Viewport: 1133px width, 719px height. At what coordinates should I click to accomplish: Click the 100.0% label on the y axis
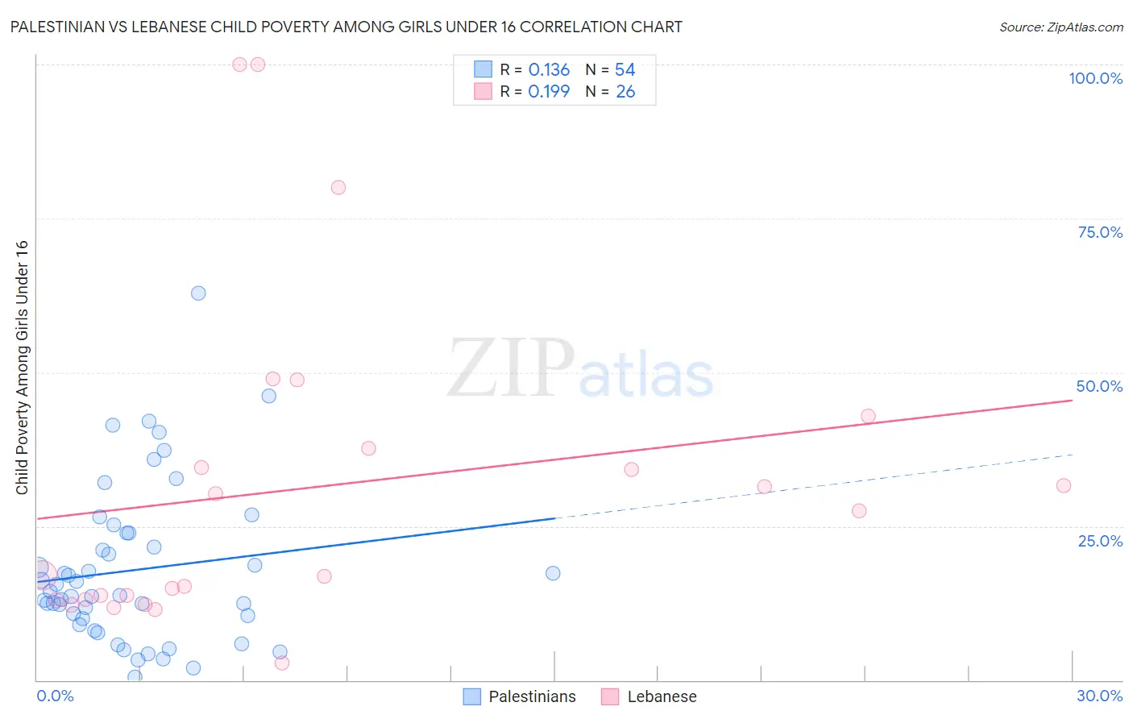[x=1095, y=78]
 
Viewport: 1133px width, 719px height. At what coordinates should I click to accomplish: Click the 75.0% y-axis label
[x=1100, y=232]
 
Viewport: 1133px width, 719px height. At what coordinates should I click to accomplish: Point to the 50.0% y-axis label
[x=1099, y=386]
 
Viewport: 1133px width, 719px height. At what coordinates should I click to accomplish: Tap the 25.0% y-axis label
[x=1100, y=541]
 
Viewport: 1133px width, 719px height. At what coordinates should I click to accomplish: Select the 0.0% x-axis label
[x=55, y=696]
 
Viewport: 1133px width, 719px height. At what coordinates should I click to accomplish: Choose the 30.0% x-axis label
[x=1099, y=696]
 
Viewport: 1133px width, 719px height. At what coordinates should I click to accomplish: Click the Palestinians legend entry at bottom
[x=532, y=696]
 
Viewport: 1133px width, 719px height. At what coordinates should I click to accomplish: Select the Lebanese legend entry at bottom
[x=662, y=696]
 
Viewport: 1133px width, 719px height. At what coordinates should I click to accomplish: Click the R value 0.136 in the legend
[x=549, y=70]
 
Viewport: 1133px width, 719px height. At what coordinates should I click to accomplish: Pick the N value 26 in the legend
[x=625, y=92]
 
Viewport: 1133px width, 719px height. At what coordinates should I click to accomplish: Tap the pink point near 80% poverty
[x=338, y=188]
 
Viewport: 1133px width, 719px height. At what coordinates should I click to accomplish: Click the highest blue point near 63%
[x=198, y=293]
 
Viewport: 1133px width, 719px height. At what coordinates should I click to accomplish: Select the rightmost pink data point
[x=1064, y=485]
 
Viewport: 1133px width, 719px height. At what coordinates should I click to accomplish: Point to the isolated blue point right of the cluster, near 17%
[x=553, y=573]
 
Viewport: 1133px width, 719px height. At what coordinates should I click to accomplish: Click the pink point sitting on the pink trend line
[x=868, y=416]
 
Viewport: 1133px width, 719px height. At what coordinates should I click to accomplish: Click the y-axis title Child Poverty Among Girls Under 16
[x=22, y=368]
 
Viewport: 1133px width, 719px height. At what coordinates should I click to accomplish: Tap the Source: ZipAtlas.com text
[x=1060, y=27]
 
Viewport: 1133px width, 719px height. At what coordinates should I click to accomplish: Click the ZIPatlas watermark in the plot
[x=580, y=369]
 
